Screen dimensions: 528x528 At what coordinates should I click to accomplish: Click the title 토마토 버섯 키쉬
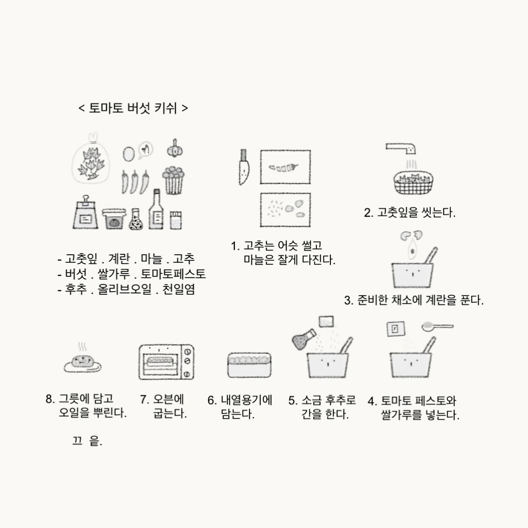coord(133,108)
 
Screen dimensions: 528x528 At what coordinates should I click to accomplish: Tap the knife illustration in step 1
coord(244,167)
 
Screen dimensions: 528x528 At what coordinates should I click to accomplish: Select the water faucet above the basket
coord(401,148)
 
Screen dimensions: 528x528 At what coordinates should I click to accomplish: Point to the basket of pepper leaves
coord(413,183)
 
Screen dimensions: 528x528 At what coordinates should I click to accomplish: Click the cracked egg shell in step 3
coord(411,235)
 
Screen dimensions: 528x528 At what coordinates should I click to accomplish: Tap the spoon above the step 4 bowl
coord(437,327)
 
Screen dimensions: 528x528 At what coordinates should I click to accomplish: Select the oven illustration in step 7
coord(166,362)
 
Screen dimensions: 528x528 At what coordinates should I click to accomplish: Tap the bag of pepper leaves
coord(90,159)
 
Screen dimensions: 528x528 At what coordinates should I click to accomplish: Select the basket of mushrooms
coord(173,180)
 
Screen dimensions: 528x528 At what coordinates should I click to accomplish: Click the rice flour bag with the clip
coord(85,212)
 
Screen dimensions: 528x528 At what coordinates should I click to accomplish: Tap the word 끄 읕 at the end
coord(87,441)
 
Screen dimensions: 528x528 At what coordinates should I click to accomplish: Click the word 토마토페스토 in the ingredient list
coord(173,274)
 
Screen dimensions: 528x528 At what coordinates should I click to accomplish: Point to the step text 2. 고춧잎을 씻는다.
coord(410,213)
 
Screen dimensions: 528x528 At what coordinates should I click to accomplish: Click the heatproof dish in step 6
coord(249,365)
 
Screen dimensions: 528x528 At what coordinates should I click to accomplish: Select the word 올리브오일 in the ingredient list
coord(125,289)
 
